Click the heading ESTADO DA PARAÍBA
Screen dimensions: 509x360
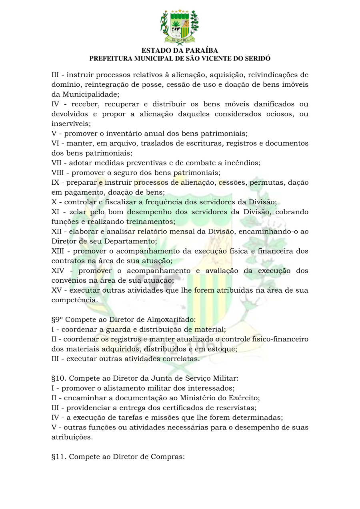pos(180,51)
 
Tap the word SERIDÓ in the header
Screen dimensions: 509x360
pos(256,58)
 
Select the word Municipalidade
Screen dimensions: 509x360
pos(90,94)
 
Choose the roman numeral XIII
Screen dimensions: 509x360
pos(60,251)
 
